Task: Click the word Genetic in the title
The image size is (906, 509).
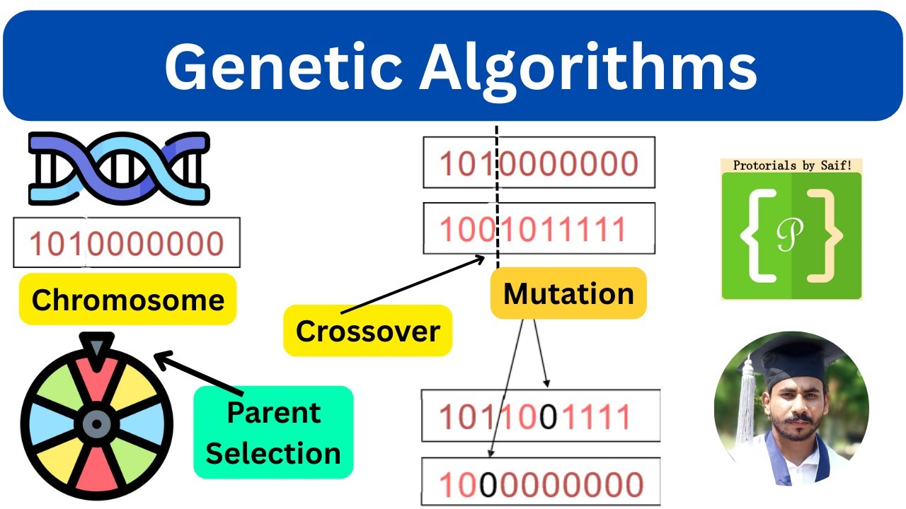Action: point(282,68)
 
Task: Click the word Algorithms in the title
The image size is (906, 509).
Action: point(589,68)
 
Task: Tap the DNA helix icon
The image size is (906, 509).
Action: point(118,169)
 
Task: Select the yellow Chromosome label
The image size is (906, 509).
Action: point(127,300)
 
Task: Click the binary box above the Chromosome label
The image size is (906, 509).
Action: point(127,243)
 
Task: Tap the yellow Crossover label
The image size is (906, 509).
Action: point(367,331)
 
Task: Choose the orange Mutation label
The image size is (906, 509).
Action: point(568,293)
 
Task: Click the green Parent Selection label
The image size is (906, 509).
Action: point(273,433)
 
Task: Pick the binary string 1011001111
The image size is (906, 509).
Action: point(535,417)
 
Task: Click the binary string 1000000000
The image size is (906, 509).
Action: point(541,485)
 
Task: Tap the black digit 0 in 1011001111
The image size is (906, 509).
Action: point(548,417)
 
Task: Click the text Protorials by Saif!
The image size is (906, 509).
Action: point(791,166)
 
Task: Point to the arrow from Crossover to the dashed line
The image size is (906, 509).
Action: point(411,286)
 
